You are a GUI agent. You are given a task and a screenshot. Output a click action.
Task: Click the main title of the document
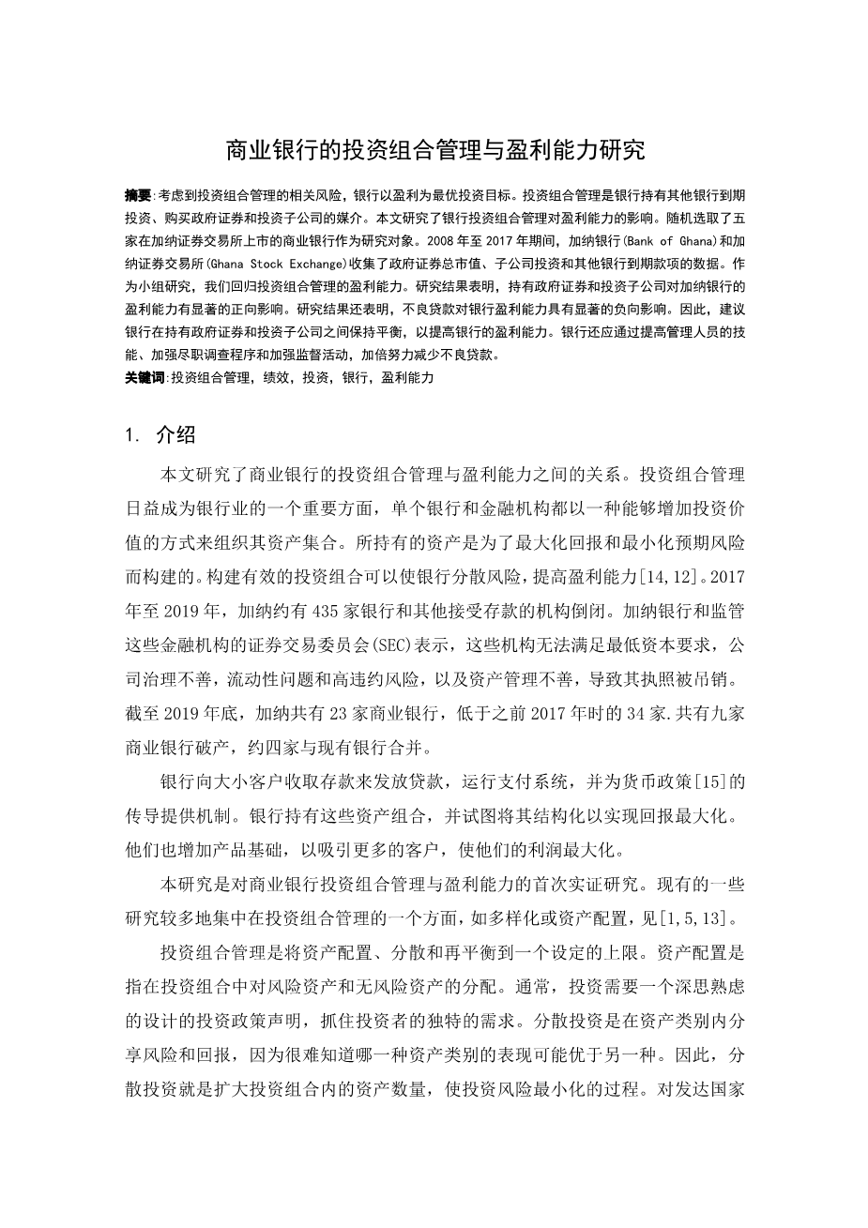434,150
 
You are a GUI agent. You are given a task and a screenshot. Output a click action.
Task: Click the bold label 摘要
137,196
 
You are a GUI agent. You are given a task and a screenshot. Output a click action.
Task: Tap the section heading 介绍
175,434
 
